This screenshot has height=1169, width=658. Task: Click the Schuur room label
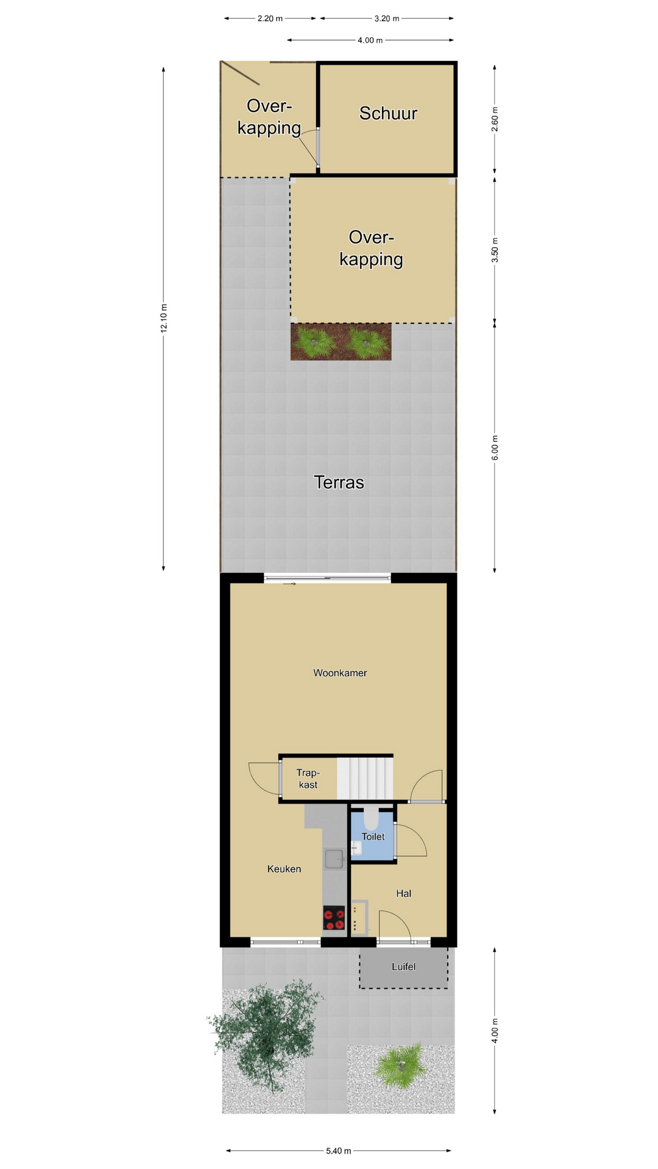click(x=388, y=113)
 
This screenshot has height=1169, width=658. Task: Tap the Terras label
click(x=339, y=482)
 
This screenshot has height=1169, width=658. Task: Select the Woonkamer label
click(x=340, y=673)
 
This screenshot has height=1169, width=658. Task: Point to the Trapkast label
click(x=308, y=779)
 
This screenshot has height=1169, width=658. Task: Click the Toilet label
click(x=373, y=837)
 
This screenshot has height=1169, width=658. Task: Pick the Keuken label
click(x=284, y=869)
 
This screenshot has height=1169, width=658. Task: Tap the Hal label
click(x=403, y=893)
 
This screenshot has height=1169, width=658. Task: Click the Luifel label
click(x=403, y=966)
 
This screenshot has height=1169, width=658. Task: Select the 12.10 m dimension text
click(x=163, y=318)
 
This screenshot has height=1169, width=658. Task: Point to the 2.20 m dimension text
click(x=270, y=18)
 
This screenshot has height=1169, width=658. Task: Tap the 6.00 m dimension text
click(x=495, y=448)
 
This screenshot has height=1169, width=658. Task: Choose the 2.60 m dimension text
click(x=495, y=119)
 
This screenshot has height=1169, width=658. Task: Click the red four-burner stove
click(x=334, y=918)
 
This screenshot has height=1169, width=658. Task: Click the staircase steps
click(x=365, y=778)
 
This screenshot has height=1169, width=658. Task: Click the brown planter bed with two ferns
click(x=341, y=342)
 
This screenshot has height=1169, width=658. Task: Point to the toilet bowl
click(x=371, y=817)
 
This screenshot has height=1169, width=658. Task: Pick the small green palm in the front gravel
click(x=401, y=1064)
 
